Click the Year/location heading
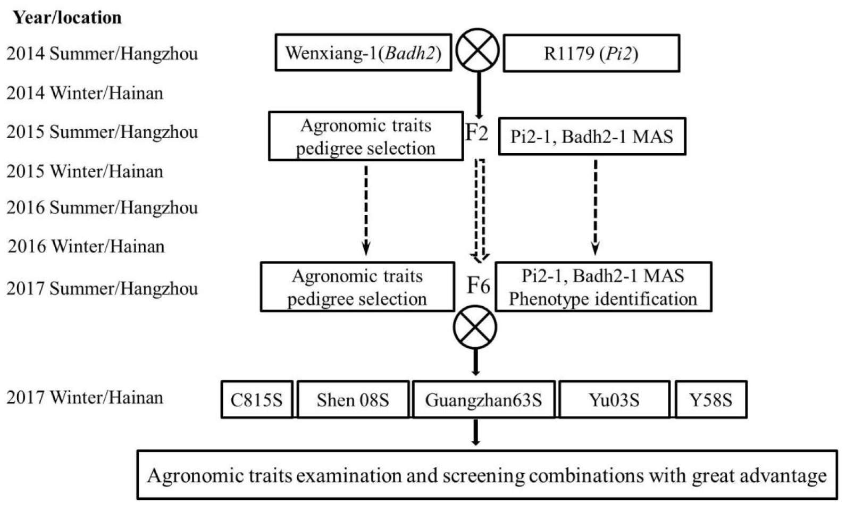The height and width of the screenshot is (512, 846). click(67, 18)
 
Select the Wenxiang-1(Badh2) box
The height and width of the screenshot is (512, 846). click(363, 53)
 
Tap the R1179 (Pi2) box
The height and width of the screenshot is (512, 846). click(591, 53)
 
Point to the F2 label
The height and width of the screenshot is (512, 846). click(476, 132)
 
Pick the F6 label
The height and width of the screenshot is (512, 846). click(478, 286)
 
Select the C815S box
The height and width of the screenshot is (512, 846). click(257, 399)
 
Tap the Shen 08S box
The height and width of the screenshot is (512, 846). click(353, 399)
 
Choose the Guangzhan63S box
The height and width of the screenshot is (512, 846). click(483, 399)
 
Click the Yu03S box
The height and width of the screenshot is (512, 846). click(614, 399)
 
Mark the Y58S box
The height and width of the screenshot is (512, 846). click(710, 399)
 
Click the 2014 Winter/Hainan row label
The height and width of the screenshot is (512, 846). click(85, 93)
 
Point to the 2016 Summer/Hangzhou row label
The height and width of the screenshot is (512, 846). click(102, 207)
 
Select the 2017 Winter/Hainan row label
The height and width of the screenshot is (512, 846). click(85, 397)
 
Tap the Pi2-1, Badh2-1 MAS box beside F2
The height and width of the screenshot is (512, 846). click(591, 137)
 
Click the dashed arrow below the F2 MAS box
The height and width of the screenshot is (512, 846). click(595, 207)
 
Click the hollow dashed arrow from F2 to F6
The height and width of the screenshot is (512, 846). click(481, 210)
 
